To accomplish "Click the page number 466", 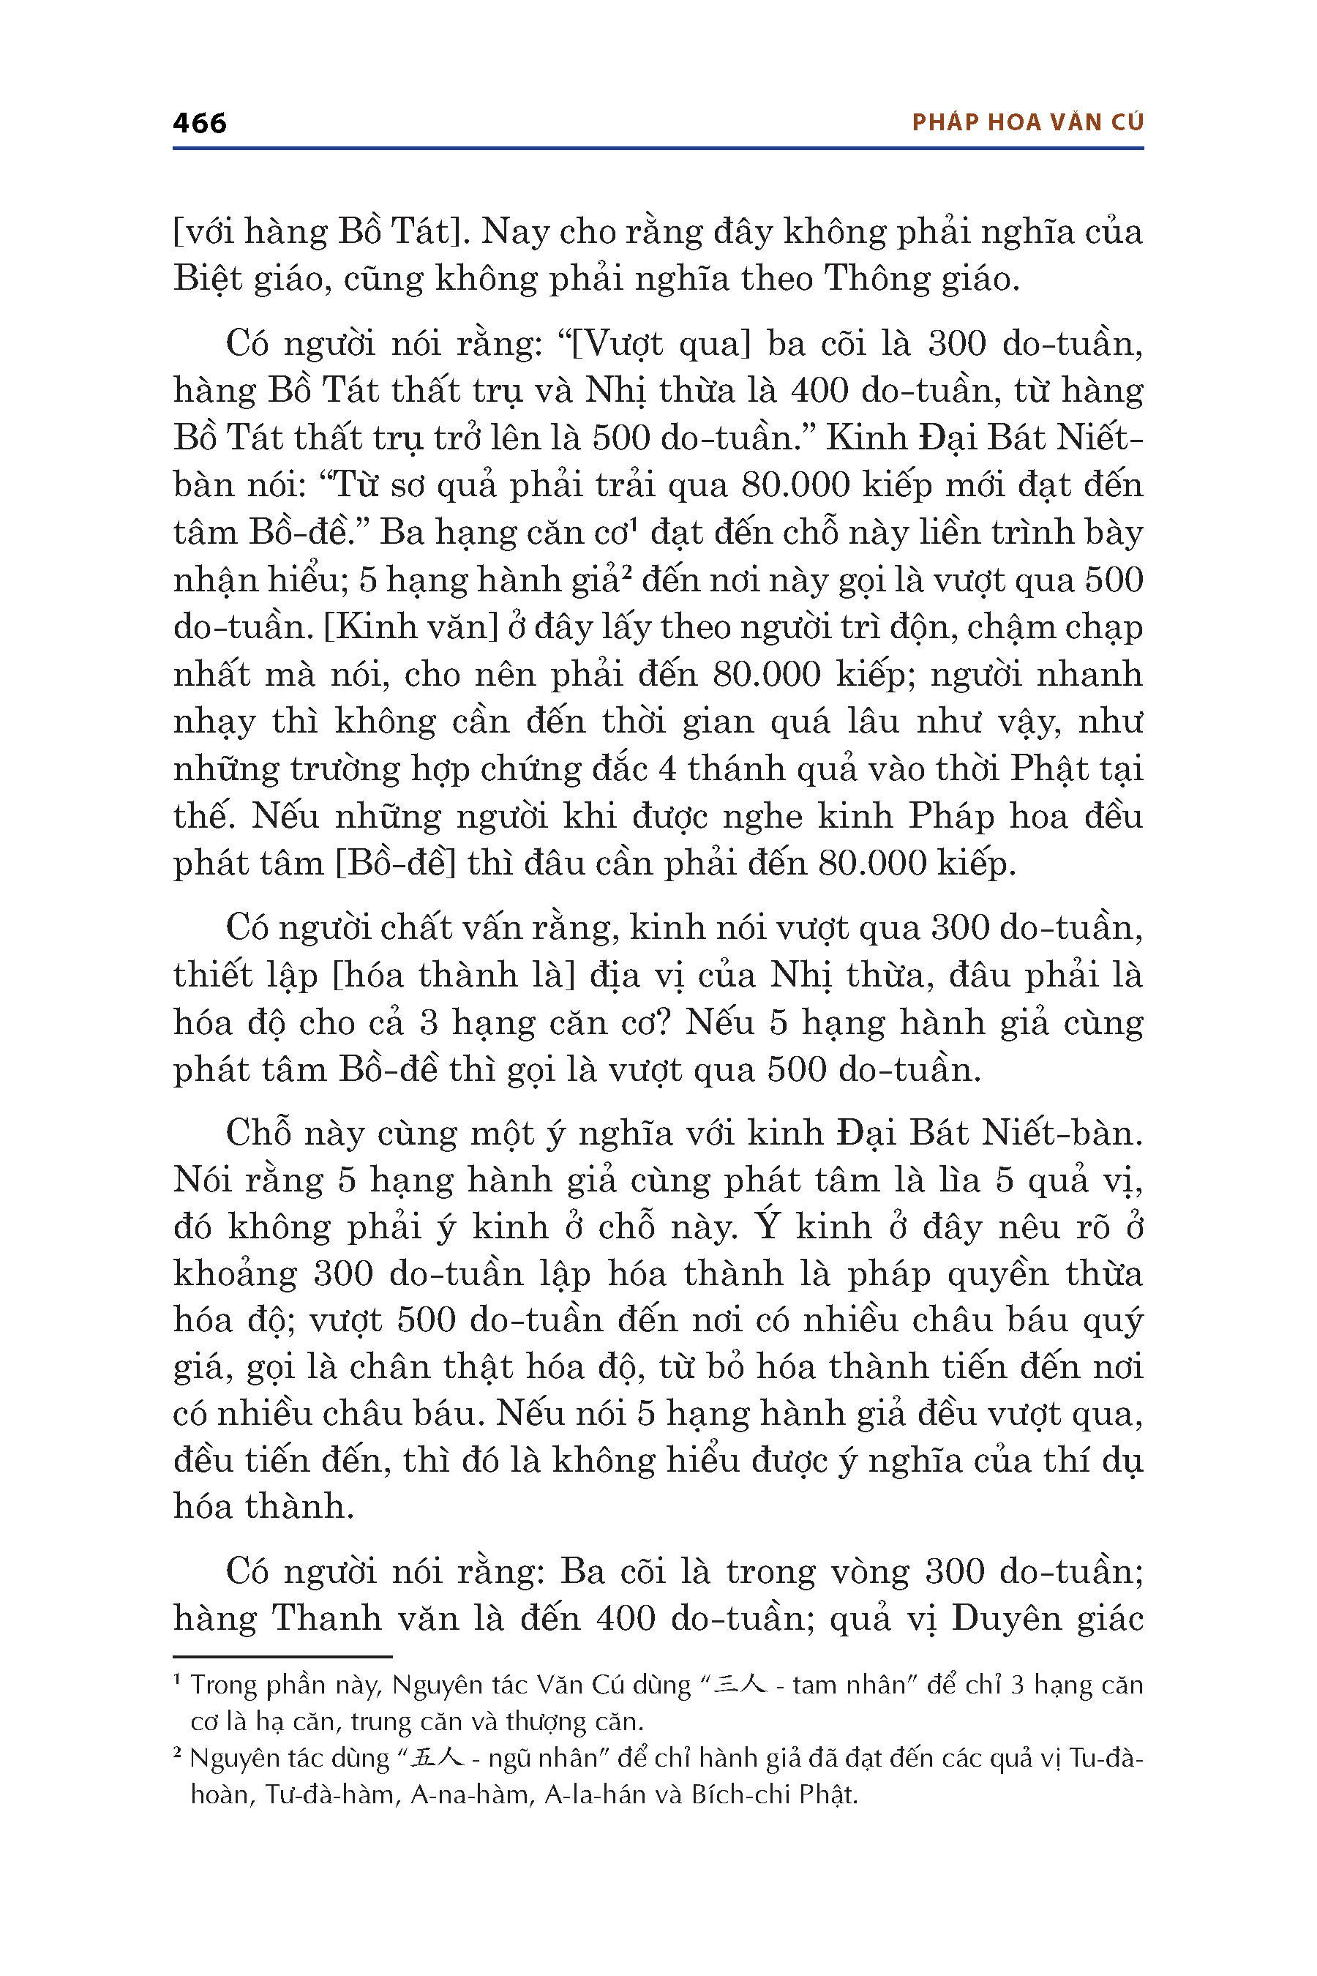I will coord(199,124).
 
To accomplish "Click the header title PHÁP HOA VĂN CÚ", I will coord(1027,123).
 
